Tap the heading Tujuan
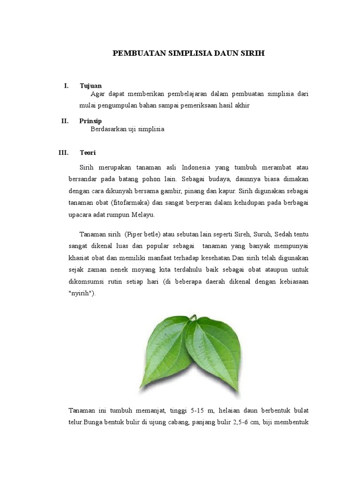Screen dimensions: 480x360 point(90,86)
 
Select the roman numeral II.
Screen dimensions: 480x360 point(65,121)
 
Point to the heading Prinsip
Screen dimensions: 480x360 point(90,121)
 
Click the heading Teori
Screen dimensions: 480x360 point(88,153)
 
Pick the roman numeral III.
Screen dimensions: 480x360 point(63,153)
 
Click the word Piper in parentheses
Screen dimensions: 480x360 point(135,234)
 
